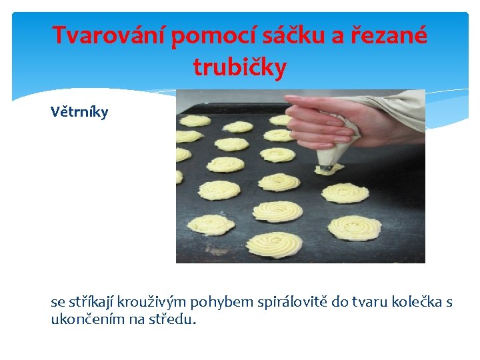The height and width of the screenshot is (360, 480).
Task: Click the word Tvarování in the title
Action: click(109, 35)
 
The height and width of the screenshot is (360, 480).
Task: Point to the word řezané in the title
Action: click(393, 35)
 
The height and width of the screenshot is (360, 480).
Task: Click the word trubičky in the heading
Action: click(239, 67)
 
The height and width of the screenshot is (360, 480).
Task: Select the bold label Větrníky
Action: click(79, 111)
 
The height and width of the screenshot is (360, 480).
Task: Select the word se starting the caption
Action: click(58, 302)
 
